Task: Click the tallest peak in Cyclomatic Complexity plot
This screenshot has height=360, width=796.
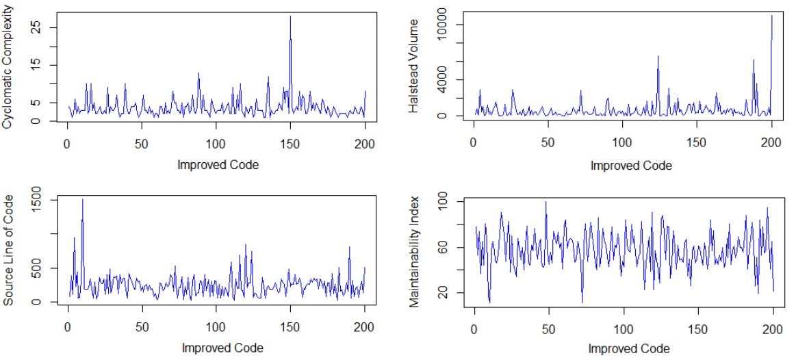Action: pyautogui.click(x=290, y=16)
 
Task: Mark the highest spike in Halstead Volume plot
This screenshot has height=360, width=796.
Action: pyautogui.click(x=772, y=16)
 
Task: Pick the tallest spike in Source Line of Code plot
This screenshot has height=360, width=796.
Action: pyautogui.click(x=82, y=200)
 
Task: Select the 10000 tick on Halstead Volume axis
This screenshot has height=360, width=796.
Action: pyautogui.click(x=441, y=25)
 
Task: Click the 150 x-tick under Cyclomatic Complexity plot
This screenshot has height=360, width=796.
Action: pyautogui.click(x=290, y=146)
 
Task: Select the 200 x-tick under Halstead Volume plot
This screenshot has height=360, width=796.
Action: pyautogui.click(x=771, y=146)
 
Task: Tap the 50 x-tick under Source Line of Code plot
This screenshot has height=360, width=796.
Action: pyautogui.click(x=142, y=327)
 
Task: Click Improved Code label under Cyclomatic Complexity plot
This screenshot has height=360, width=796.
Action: pyautogui.click(x=218, y=164)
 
